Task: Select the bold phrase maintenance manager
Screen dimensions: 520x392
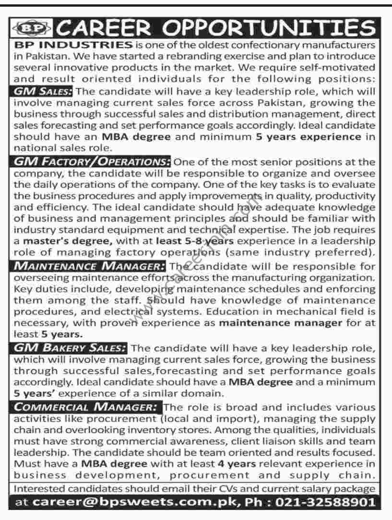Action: pyautogui.click(x=281, y=323)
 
